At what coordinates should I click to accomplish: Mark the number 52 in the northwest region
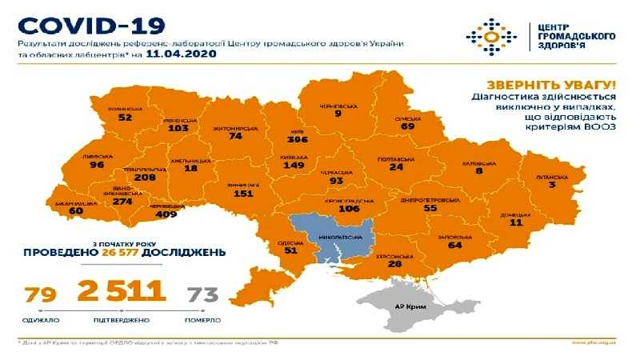[x=124, y=117]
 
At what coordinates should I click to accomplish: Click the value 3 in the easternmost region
[x=552, y=185]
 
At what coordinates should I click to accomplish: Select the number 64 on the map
[x=456, y=246]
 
